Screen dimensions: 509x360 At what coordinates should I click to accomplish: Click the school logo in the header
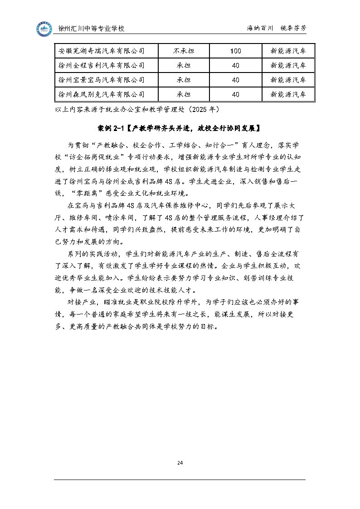(44, 29)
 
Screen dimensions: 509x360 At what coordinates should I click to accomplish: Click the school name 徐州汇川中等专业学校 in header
(92, 29)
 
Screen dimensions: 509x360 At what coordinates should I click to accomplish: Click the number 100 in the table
(235, 50)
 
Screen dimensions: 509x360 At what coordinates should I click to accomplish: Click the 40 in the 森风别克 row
(235, 94)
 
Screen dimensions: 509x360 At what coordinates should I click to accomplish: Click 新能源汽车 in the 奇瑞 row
(288, 50)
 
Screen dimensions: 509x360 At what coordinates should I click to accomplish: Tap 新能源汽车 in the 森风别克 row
(288, 94)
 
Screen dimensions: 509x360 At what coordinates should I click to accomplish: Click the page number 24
(180, 463)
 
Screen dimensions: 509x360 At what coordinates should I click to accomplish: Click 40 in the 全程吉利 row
(235, 65)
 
